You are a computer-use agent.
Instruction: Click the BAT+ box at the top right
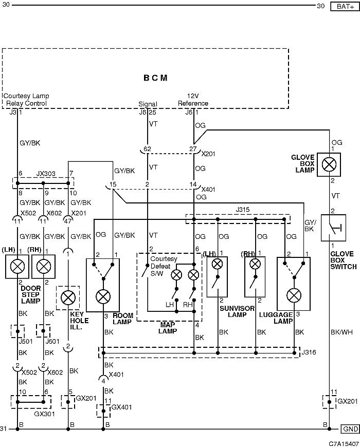point(345,6)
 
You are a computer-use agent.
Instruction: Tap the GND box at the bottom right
point(350,429)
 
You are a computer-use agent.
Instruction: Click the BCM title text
point(155,78)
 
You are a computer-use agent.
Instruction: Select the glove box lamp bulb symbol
point(329,164)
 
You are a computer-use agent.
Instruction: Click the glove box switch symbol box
point(333,228)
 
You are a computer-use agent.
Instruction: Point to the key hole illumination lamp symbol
point(68,297)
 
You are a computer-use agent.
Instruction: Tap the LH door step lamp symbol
point(17,267)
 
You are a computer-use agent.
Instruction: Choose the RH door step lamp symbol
point(44,267)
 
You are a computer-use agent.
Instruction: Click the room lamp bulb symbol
point(103,296)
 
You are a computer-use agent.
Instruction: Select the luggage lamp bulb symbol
point(294,295)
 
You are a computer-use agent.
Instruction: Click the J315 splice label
point(242,210)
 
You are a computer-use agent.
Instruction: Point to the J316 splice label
point(309,352)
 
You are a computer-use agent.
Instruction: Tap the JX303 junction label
point(46,174)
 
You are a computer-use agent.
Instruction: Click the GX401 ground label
point(121,407)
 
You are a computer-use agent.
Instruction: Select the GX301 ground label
point(44,414)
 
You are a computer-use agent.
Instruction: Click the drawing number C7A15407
point(344,444)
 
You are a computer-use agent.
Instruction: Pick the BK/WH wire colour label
point(341,332)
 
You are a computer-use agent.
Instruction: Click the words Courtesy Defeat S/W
point(160,266)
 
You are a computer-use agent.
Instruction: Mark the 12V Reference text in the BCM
point(193,100)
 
